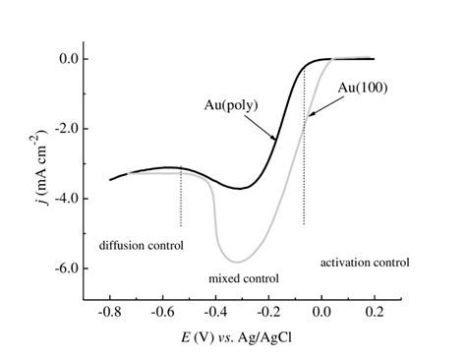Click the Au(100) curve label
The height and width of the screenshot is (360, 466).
[363, 88]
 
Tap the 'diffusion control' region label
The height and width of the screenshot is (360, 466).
[141, 244]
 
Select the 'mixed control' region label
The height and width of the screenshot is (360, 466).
[244, 278]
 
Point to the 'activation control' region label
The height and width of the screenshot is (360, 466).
[365, 263]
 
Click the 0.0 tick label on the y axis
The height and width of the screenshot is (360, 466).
[66, 59]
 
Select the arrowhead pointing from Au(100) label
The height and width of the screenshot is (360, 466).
[308, 116]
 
